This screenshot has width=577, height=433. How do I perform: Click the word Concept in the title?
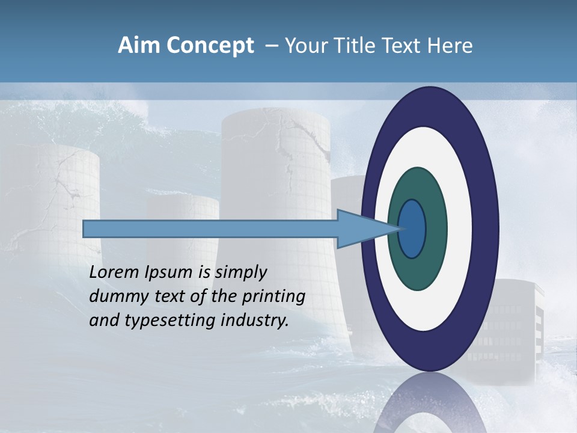pos(210,46)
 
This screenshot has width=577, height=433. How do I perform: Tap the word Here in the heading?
pos(450,46)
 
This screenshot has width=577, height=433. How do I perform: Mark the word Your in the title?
pos(304,46)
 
